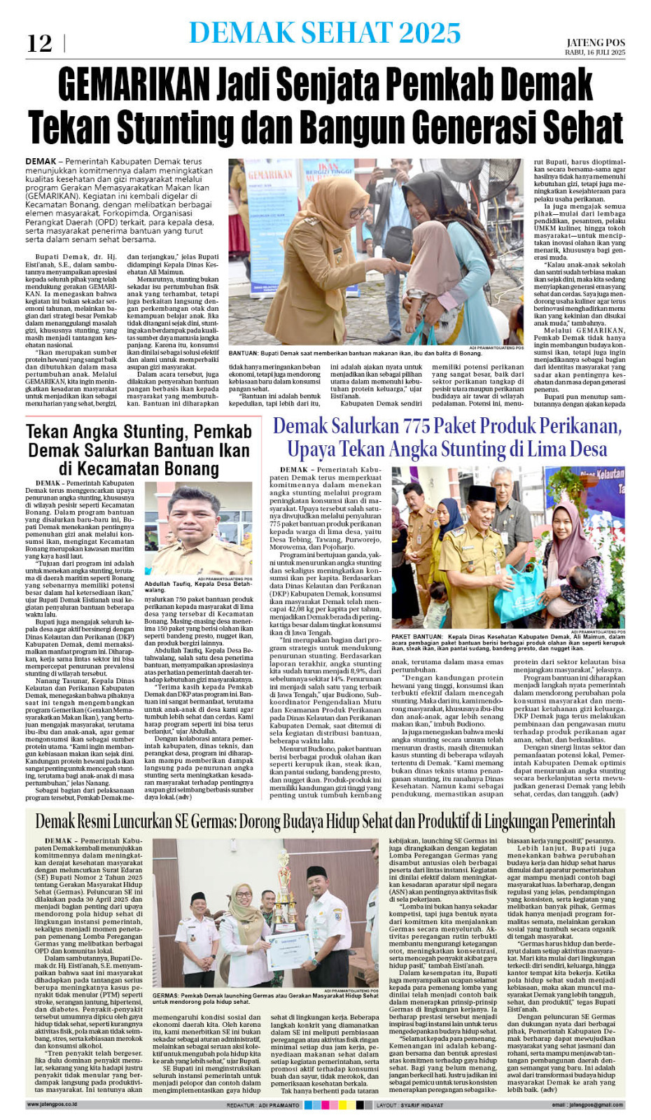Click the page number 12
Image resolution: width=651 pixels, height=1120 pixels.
(39, 43)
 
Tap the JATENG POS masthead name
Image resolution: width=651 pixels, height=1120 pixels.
(595, 43)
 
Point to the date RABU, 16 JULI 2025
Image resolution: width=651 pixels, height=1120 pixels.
(595, 52)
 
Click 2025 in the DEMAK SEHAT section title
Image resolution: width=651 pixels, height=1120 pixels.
(430, 33)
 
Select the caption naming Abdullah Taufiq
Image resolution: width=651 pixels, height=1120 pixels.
(198, 587)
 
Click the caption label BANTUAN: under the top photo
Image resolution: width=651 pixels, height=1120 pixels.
(244, 353)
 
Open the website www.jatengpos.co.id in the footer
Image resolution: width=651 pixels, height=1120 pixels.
(51, 1105)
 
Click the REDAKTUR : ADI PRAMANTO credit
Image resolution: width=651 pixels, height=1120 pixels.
(262, 1105)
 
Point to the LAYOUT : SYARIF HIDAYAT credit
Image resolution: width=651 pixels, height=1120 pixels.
(409, 1105)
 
